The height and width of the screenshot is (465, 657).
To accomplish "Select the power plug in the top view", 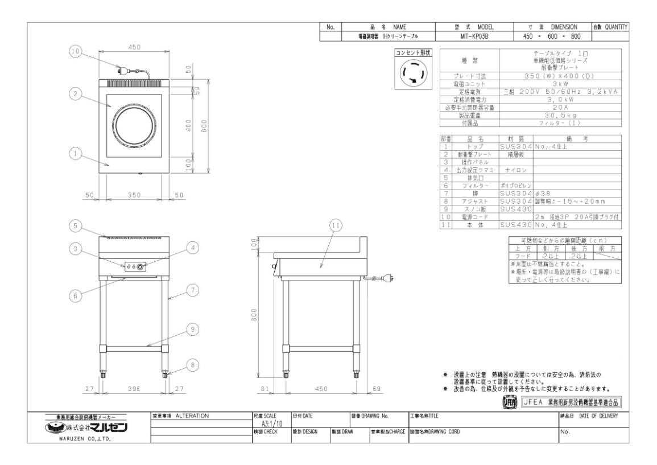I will click(x=121, y=72).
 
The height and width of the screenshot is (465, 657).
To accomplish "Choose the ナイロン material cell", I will click(x=515, y=170).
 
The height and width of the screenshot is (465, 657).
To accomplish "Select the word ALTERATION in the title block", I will click(x=193, y=416).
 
